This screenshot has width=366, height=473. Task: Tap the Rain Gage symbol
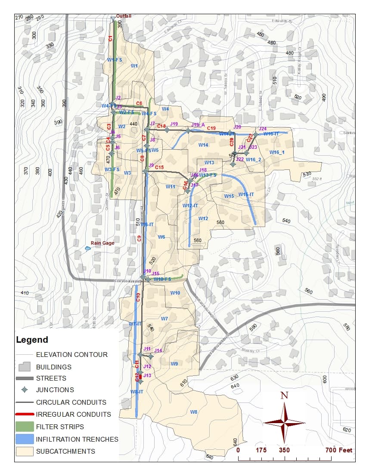[x=88, y=248]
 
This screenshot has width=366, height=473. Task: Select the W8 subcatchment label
[x=194, y=412]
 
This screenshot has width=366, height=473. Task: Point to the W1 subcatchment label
[x=134, y=66]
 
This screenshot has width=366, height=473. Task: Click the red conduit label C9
[x=139, y=239]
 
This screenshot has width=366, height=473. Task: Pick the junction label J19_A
[x=198, y=125]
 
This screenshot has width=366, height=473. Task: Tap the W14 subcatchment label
[x=203, y=145]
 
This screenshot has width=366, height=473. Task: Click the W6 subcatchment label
[x=161, y=237]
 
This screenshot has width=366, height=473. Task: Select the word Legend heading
[x=32, y=340]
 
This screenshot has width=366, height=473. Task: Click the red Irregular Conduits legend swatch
[x=25, y=415]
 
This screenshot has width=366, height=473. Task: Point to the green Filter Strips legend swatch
[x=25, y=427]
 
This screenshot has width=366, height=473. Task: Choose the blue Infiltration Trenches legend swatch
[x=25, y=439]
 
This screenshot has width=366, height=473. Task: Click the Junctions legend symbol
[x=25, y=390]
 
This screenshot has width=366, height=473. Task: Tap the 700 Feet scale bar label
[x=339, y=450]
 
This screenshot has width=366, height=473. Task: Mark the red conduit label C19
[x=211, y=128]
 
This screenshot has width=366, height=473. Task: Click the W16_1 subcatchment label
[x=277, y=153]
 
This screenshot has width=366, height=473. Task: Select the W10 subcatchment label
[x=175, y=293]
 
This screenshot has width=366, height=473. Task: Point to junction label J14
[x=158, y=351]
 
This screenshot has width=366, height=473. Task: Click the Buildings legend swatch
[x=25, y=367]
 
